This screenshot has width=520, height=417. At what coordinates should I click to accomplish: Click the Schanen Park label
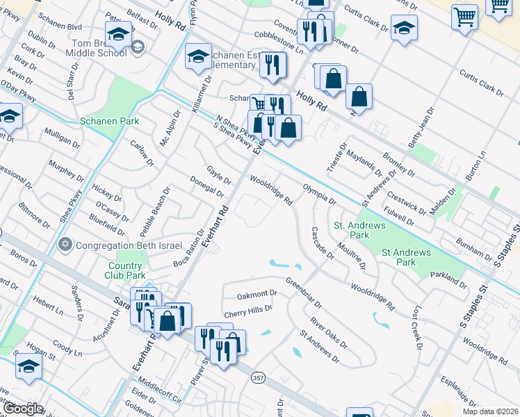[x=110, y=121]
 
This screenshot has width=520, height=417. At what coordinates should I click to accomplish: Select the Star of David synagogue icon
[x=66, y=245]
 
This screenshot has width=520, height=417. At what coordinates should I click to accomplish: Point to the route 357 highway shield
[x=257, y=377]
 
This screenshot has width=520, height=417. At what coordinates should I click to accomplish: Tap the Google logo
[x=23, y=409]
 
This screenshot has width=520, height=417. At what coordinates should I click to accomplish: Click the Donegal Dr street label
[x=206, y=186]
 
